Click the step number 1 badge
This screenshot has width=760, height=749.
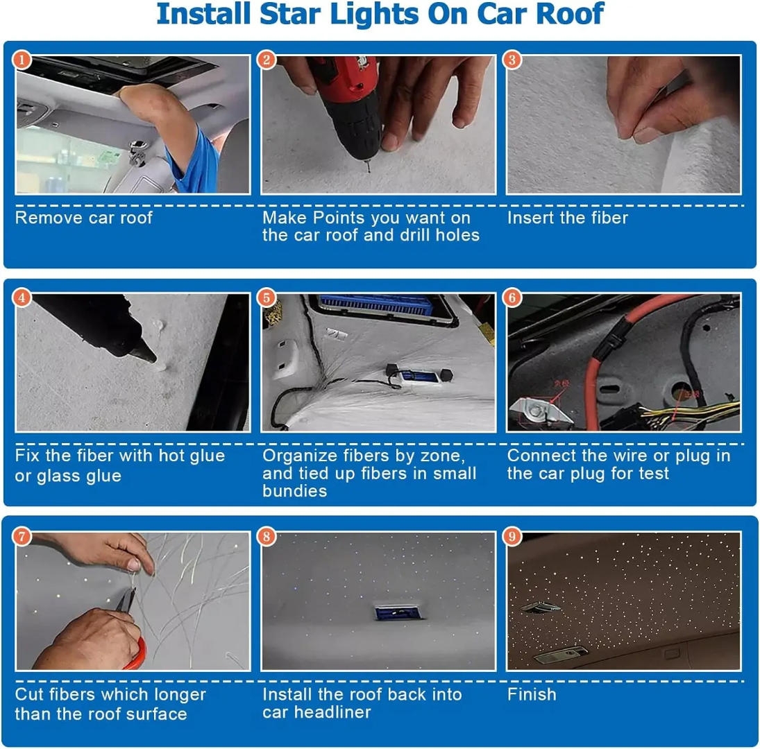pos(22,60)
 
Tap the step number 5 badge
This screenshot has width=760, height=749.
pos(267,298)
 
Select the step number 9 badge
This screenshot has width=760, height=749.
pos(512,536)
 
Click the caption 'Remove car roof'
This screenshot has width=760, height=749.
pos(83,218)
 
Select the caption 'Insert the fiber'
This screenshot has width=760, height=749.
pos(567,218)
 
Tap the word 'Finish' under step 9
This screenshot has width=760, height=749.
pos(532,694)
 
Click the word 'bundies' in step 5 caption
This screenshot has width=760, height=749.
pos(294,491)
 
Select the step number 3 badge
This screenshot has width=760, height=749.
pos(512,60)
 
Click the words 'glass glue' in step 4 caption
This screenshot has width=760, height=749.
pos(77,476)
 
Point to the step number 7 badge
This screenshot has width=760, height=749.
pos(22,536)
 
